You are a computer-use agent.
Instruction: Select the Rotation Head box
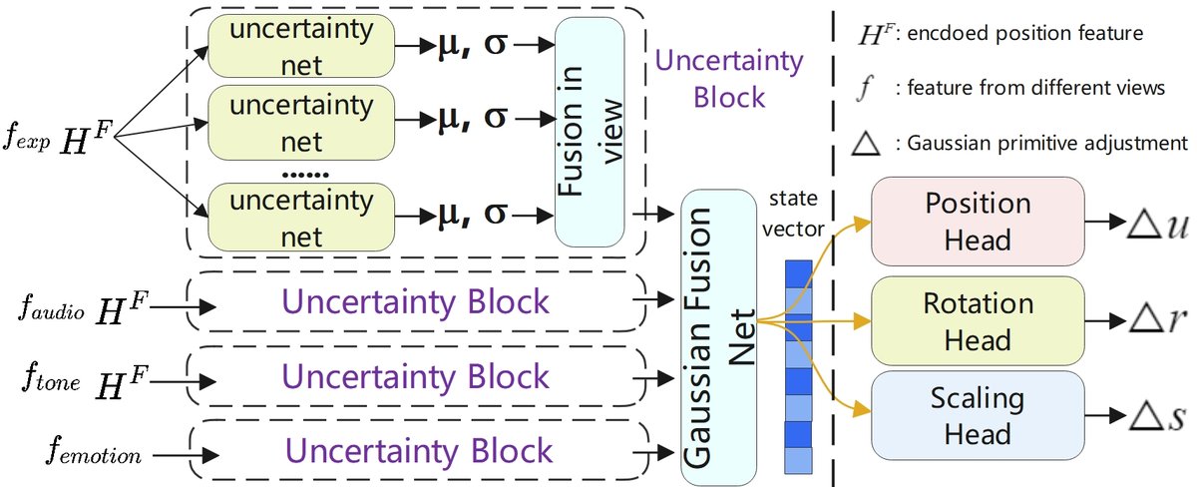pyautogui.click(x=978, y=319)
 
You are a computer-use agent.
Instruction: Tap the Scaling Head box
pyautogui.click(x=978, y=417)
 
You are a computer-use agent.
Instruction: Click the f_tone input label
pyautogui.click(x=46, y=380)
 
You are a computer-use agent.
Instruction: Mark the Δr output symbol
pyautogui.click(x=1160, y=320)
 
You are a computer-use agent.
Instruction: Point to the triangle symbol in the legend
pyautogui.click(x=867, y=143)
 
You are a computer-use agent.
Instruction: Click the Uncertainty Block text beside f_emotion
pyautogui.click(x=416, y=449)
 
